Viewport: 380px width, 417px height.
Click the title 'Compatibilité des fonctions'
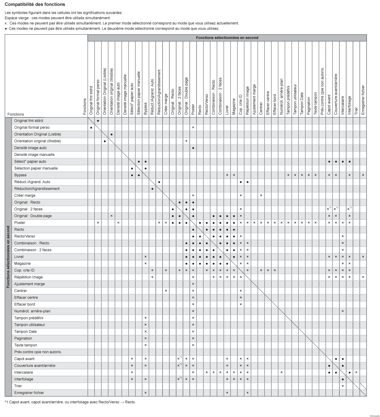[x=35, y=4]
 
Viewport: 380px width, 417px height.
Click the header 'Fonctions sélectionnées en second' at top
[x=227, y=38]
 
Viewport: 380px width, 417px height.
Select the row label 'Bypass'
[x=20, y=175]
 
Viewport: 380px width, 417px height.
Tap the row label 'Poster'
[x=20, y=223]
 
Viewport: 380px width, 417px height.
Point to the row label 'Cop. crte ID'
[x=24, y=270]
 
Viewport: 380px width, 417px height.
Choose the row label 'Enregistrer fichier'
[x=29, y=393]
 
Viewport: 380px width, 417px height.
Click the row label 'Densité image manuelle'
[x=34, y=155]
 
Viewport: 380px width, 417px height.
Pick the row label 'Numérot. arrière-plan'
[x=32, y=311]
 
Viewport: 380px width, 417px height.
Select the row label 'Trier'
[x=18, y=386]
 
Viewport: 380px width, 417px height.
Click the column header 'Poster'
[x=193, y=110]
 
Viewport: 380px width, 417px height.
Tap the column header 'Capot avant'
[x=329, y=105]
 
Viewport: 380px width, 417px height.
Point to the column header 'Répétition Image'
[x=247, y=101]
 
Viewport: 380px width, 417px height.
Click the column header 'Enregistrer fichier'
[x=363, y=100]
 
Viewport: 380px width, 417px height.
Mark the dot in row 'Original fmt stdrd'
[x=98, y=121]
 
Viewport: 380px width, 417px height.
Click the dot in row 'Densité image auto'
[x=193, y=148]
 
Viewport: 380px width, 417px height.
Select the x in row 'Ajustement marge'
[x=193, y=284]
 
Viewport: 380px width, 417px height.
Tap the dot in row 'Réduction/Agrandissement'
[x=152, y=189]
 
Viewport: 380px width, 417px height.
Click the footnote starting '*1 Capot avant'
[x=70, y=402]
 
